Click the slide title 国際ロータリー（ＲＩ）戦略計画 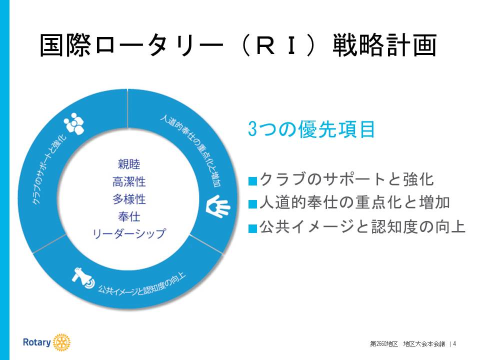[x=238, y=45]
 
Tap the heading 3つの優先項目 [x=311, y=129]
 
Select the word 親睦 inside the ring [x=129, y=164]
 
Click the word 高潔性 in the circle [x=129, y=182]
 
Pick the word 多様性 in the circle [x=129, y=199]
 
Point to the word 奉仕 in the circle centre [x=129, y=216]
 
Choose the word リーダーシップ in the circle [x=129, y=234]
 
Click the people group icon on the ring [x=74, y=123]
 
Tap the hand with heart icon [x=218, y=206]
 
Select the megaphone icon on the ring [x=83, y=278]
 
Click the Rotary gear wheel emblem [x=61, y=342]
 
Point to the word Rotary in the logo [x=36, y=342]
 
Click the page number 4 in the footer [x=454, y=344]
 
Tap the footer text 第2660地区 [x=384, y=344]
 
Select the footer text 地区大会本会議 [x=424, y=344]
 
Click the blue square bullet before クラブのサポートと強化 [x=252, y=181]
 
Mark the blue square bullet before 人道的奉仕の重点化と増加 [x=252, y=204]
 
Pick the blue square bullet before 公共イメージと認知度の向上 [x=252, y=228]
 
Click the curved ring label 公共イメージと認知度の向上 [x=141, y=284]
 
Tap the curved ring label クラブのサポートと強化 [x=49, y=168]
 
